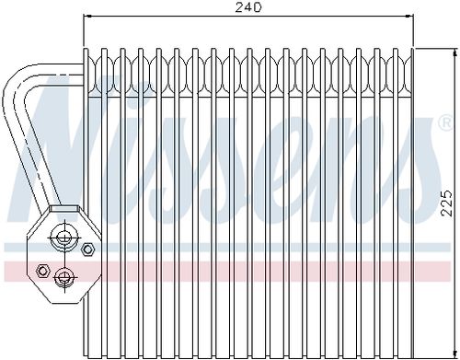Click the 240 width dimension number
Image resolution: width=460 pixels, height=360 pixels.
[248, 7]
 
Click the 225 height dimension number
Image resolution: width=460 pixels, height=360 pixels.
[446, 203]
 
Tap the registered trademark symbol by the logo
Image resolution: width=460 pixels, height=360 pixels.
[446, 123]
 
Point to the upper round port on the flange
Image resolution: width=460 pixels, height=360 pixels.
[64, 238]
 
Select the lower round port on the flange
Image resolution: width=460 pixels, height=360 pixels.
[64, 277]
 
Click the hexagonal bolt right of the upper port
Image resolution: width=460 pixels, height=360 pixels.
[87, 249]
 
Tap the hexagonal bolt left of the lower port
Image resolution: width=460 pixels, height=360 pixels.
[43, 271]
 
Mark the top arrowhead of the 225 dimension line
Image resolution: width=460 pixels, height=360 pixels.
[454, 52]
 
